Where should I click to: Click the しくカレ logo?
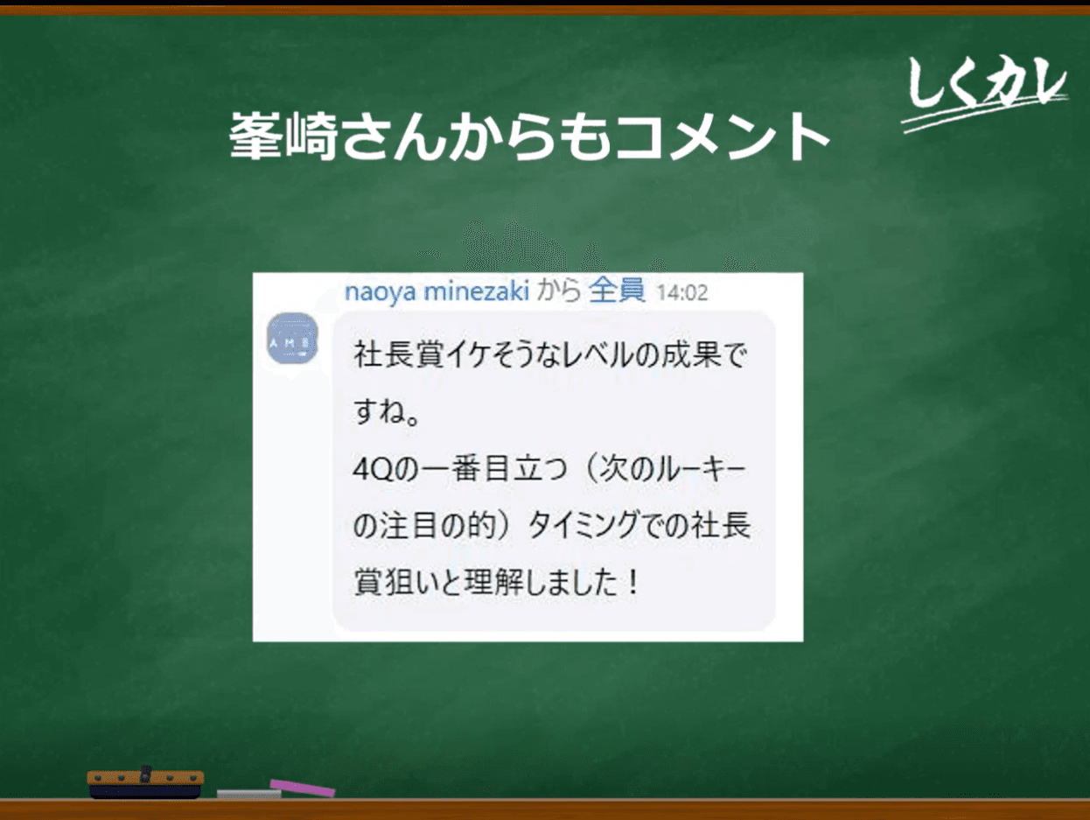point(985,94)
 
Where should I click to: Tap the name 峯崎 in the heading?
point(283,137)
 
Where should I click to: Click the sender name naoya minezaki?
point(437,291)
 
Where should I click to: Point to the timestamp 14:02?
point(682,293)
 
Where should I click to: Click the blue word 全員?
point(618,290)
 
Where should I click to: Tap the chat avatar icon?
point(292,338)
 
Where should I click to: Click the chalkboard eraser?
point(145,782)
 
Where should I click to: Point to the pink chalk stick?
point(302,788)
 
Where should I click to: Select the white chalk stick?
point(248,794)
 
